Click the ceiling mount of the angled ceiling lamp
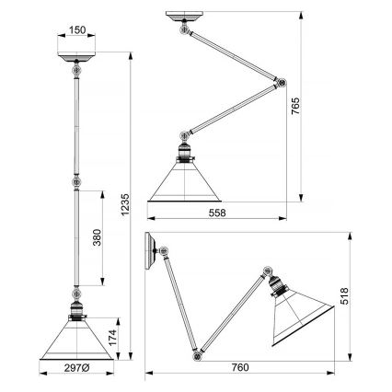pyautogui.click(x=185, y=18)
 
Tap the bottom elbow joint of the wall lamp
pyautogui.click(x=194, y=351)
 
